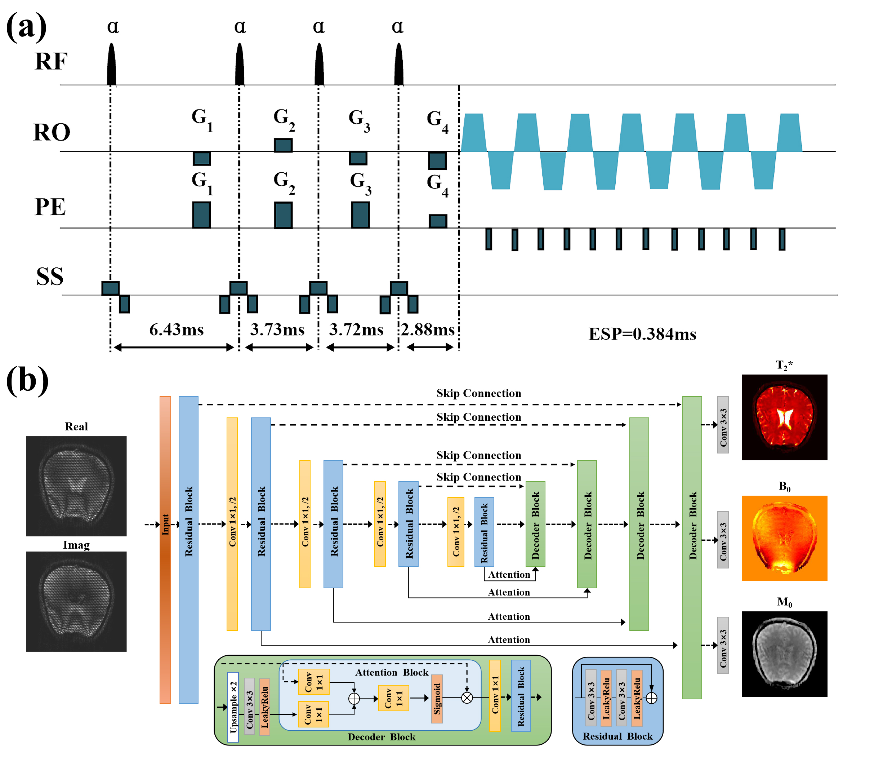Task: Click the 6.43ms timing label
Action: pos(177,330)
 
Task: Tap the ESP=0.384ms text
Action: pos(642,334)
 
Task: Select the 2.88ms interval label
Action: pos(428,330)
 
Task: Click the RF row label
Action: pos(51,61)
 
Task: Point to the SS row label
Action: pos(50,276)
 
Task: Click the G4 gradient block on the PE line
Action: pos(438,221)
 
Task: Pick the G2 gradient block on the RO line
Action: pos(283,145)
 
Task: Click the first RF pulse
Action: pos(111,65)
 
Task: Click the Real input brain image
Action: pos(76,486)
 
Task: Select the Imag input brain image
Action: pos(76,601)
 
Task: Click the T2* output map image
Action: pos(784,417)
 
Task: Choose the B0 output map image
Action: pos(784,538)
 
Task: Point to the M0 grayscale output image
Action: pos(784,654)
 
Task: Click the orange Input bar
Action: pos(165,550)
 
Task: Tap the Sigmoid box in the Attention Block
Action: pos(437,699)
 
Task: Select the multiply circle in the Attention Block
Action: pos(467,698)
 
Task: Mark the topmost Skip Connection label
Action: pos(478,393)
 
